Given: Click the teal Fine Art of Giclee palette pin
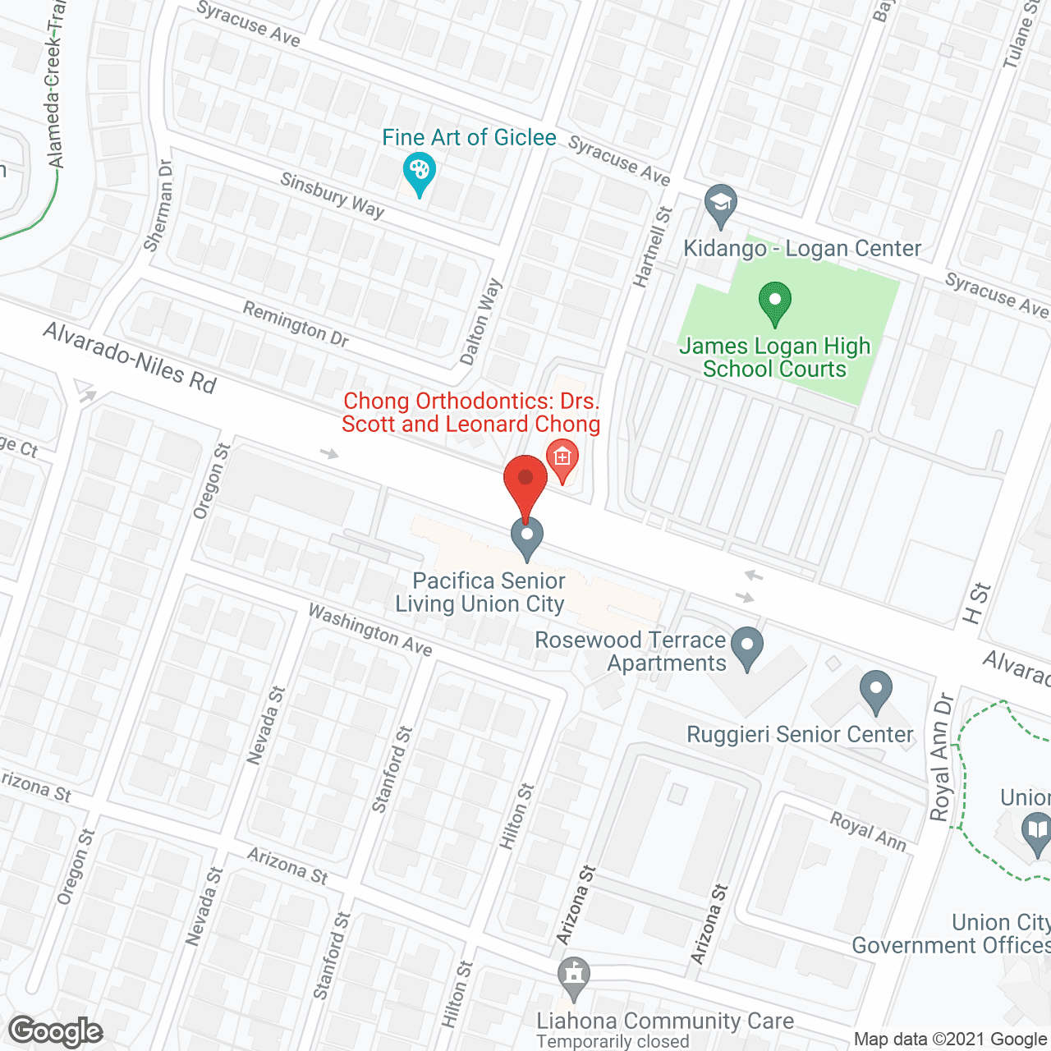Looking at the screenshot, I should (x=420, y=173).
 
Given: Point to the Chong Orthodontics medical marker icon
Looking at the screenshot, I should (x=562, y=457).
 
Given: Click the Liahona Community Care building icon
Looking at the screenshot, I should (x=573, y=976).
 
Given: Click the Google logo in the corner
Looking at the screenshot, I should (x=56, y=1031).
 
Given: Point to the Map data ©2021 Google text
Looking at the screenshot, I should (x=951, y=1040).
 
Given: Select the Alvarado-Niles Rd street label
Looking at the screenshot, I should (x=130, y=358).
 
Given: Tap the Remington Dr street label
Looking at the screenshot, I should (x=296, y=323).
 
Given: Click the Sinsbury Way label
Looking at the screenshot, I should (x=332, y=195).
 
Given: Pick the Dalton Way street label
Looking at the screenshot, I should (x=481, y=321).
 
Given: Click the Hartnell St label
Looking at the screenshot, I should (x=653, y=246).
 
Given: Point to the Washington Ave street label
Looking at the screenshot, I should (x=370, y=629).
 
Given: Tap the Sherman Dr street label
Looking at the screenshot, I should (x=158, y=204).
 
